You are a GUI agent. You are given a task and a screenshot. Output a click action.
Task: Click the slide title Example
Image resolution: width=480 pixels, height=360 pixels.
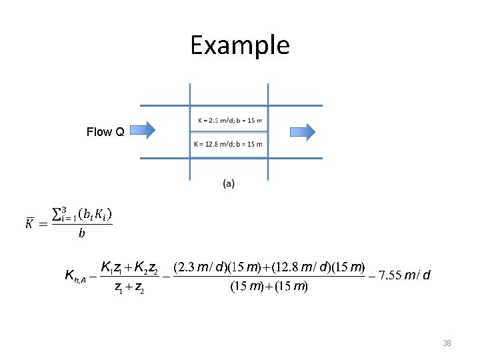[240, 45]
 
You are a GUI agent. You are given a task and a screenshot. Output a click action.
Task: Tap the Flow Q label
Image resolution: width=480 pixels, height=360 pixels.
[105, 132]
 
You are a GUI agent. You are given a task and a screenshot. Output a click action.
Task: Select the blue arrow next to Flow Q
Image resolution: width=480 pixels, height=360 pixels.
[141, 130]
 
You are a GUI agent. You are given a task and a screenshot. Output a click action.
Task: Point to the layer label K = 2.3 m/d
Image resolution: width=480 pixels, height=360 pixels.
[229, 121]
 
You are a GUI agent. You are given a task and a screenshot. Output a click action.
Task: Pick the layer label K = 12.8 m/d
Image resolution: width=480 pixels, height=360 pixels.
[228, 144]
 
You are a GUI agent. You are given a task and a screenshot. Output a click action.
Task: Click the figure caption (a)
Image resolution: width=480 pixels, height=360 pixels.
[229, 183]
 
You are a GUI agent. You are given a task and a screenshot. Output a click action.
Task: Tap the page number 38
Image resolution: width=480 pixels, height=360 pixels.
[447, 343]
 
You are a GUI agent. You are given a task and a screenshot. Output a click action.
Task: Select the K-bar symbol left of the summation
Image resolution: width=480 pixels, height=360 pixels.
[30, 223]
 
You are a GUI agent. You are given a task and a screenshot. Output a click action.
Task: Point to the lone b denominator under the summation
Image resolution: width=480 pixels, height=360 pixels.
[81, 233]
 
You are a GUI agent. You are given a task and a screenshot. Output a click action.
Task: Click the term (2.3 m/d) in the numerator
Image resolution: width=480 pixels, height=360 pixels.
[199, 268]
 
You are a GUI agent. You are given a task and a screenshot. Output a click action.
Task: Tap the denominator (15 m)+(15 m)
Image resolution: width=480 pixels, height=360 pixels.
[268, 287]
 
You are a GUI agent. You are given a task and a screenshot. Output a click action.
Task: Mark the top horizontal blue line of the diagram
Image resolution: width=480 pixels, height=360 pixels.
[231, 105]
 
